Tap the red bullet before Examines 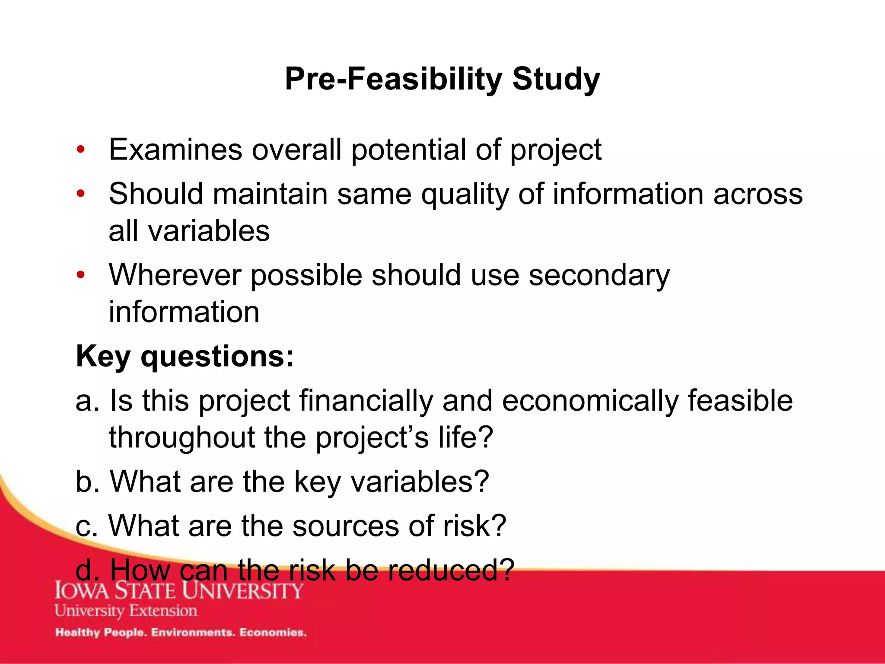pyautogui.click(x=80, y=150)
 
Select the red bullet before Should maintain pyautogui.click(x=80, y=194)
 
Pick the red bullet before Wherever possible pyautogui.click(x=80, y=275)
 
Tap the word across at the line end pyautogui.click(x=758, y=194)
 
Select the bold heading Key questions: pyautogui.click(x=185, y=357)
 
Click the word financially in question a pyautogui.click(x=366, y=400)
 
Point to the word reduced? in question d pyautogui.click(x=451, y=570)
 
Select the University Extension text pyautogui.click(x=126, y=611)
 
